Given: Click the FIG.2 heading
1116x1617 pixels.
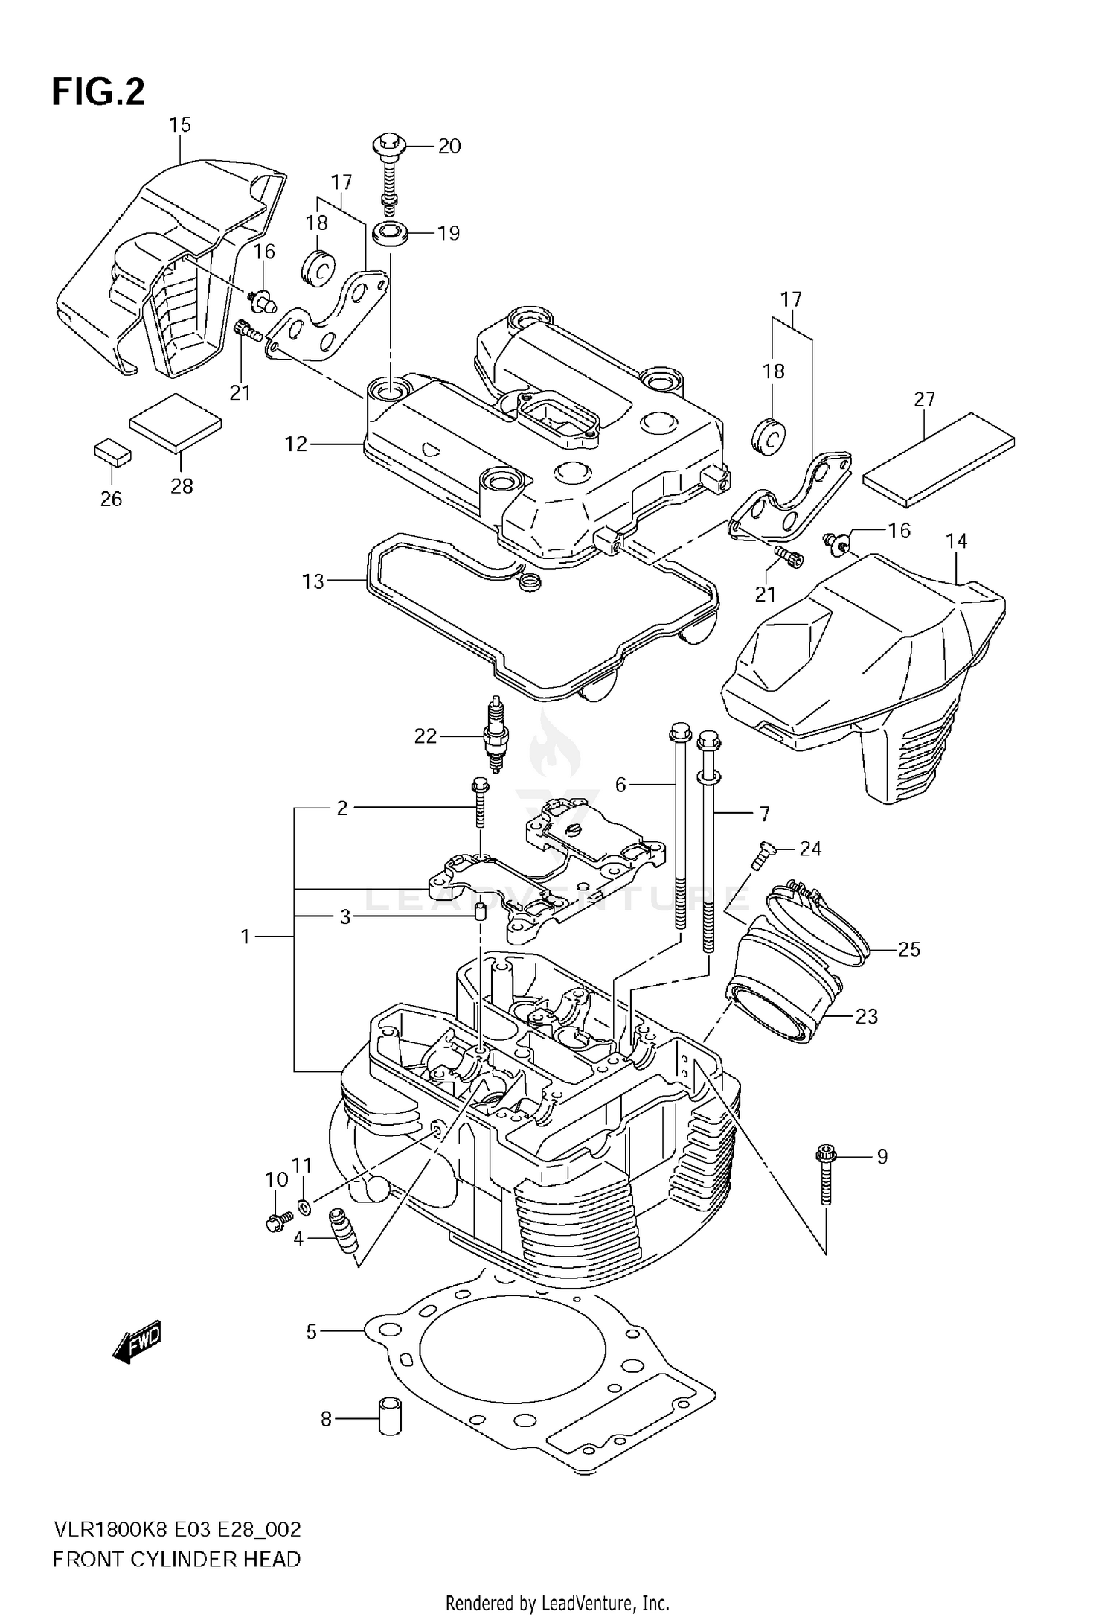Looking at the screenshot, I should point(98,92).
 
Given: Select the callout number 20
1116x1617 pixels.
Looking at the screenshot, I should point(449,146).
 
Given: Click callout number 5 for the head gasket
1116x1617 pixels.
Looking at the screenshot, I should point(311,1331).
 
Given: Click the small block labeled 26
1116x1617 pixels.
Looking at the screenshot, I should point(112,451).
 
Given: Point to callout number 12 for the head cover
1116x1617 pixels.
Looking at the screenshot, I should point(295,444).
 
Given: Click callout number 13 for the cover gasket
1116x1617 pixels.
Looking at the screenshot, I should point(313,581).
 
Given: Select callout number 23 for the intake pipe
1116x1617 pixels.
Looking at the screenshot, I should point(866,1016).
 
